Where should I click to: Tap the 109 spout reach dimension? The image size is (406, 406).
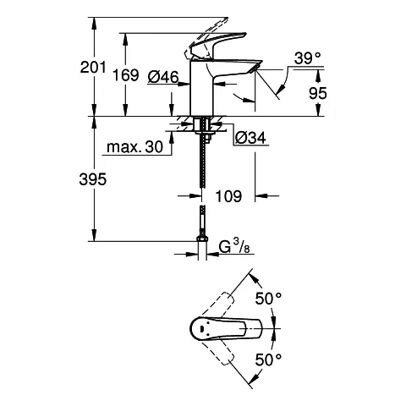227,196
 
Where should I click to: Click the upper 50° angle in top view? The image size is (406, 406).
269,298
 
